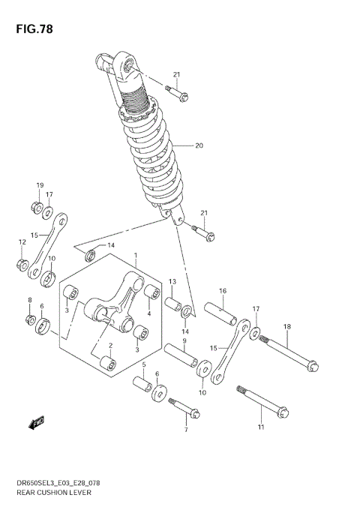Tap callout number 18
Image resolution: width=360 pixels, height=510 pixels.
point(286,326)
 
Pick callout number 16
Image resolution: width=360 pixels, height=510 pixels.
point(223,291)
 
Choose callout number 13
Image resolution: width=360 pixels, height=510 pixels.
point(172,281)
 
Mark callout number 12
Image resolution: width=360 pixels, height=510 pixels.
point(22,241)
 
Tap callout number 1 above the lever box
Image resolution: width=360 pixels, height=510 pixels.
point(136,255)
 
